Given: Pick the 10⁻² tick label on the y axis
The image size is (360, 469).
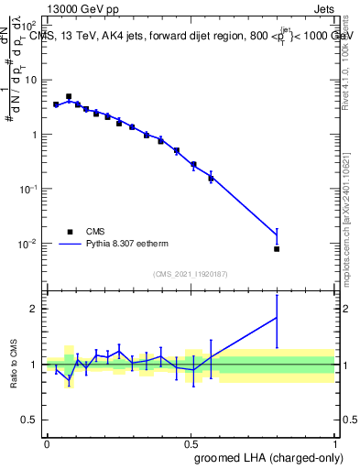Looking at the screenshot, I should [x=29, y=244].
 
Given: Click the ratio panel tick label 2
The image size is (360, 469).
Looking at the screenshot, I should [x=36, y=309].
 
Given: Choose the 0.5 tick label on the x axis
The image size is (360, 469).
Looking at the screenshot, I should [x=191, y=443].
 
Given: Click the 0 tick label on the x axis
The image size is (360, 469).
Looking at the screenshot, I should [x=46, y=443].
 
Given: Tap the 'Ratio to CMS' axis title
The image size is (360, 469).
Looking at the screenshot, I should [x=14, y=365].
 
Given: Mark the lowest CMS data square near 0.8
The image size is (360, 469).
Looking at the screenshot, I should [x=277, y=248].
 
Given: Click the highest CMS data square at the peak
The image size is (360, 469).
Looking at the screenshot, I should [x=69, y=96].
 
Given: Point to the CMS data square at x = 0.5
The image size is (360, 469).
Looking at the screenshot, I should [x=193, y=165].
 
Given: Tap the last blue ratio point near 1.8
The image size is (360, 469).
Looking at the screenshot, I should [x=277, y=318].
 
